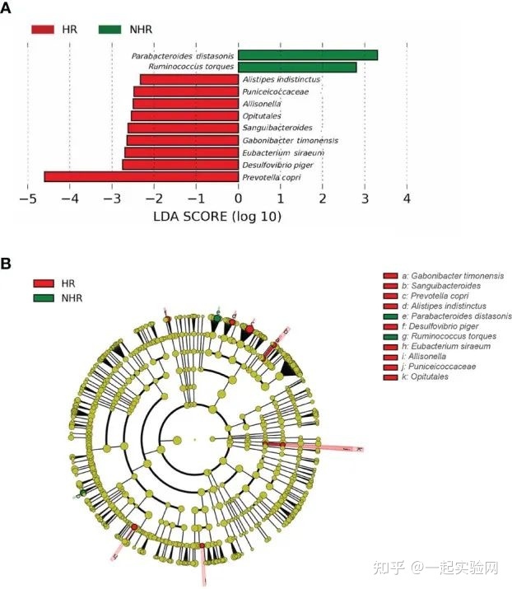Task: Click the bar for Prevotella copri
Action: pos(141,176)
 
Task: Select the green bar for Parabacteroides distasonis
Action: pos(308,55)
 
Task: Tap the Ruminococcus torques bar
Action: pos(297,67)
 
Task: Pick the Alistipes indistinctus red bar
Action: pos(189,79)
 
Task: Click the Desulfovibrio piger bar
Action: pos(179,165)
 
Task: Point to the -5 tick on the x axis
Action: pos(28,199)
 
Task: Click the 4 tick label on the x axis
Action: pos(407,199)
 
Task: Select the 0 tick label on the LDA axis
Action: pos(239,199)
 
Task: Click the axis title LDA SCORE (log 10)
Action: pos(217,217)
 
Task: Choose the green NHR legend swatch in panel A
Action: pos(114,29)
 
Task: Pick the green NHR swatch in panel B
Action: pos(46,297)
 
